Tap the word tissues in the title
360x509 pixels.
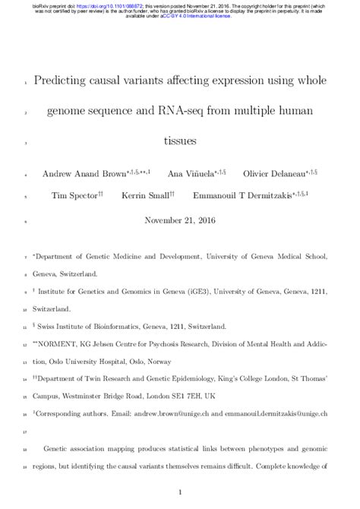(179, 141)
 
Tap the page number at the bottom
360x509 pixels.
(179, 492)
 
